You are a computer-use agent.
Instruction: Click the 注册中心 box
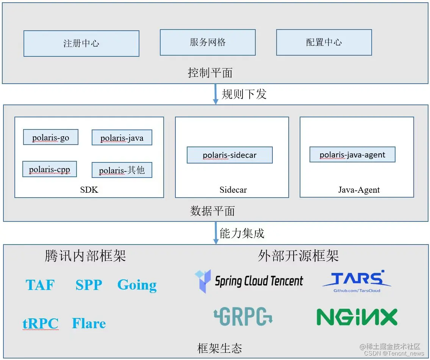coord(81,44)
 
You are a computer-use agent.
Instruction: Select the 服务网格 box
coord(208,42)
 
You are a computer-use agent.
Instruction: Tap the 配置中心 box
coord(324,42)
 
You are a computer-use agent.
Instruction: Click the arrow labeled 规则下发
coord(216,94)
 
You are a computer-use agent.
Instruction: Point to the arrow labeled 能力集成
coord(216,233)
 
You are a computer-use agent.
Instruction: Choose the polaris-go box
coord(51,137)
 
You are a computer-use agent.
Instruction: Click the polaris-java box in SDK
coord(122,138)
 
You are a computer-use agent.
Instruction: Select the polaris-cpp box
coord(50,169)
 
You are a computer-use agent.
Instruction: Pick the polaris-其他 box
coord(122,170)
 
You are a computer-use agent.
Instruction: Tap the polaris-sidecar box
coord(230,155)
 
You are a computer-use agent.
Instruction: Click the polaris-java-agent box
coord(352,155)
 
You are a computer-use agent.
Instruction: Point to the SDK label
coord(89,190)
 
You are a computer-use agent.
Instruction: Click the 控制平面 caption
coord(210,73)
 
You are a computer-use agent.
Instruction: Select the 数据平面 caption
coord(213,211)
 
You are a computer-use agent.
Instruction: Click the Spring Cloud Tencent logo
coord(249,281)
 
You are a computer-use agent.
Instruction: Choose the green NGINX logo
coord(357,317)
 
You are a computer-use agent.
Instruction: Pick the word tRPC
coord(41,324)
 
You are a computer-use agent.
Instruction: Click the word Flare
coord(89,324)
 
